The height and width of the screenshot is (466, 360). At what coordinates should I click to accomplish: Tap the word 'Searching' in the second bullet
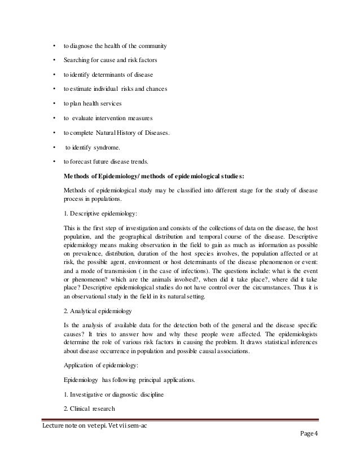coord(78,60)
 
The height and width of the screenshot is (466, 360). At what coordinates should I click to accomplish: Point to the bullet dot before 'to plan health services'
coord(53,104)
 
